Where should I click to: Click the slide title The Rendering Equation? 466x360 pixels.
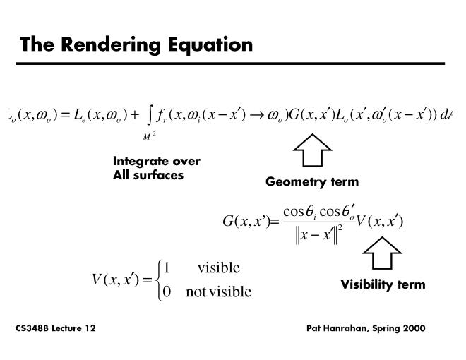tap(136, 44)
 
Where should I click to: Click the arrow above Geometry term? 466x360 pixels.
tap(311, 150)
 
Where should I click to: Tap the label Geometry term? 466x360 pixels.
tap(312, 182)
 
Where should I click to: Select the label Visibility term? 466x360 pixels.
tap(383, 285)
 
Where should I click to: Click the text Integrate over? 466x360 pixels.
tap(157, 161)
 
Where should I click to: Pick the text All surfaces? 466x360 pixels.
tap(148, 174)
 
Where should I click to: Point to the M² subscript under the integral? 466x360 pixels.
tap(150, 136)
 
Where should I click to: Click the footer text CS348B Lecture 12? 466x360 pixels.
tap(56, 329)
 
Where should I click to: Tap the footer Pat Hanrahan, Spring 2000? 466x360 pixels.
tap(366, 329)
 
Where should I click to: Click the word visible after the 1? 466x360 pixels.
tap(218, 268)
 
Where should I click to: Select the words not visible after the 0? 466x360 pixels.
tap(218, 291)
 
